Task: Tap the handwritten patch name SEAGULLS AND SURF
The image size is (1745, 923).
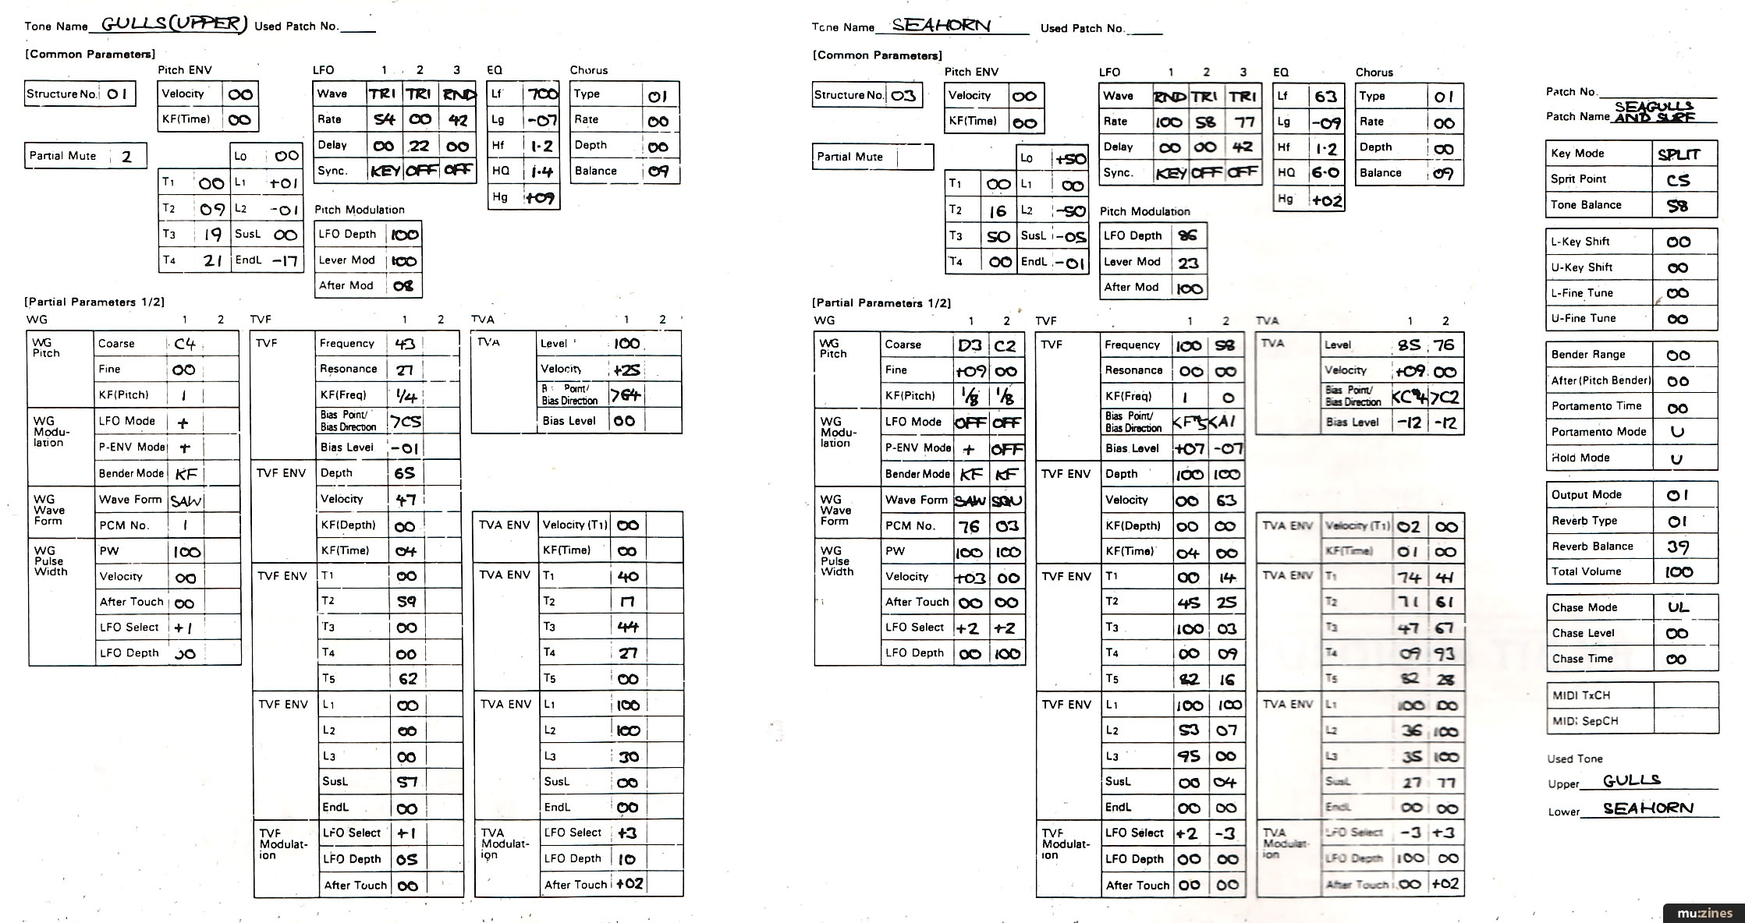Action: (x=1654, y=111)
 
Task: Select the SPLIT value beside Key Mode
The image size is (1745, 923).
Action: (x=1678, y=154)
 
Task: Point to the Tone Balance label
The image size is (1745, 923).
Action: (x=1586, y=205)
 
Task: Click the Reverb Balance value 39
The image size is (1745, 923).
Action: (x=1677, y=546)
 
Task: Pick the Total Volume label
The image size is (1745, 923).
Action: (x=1586, y=571)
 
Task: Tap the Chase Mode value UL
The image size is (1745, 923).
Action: (x=1678, y=607)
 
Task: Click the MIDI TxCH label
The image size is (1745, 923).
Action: (x=1580, y=695)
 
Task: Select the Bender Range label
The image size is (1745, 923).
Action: (x=1588, y=355)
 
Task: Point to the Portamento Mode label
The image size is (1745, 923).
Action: (x=1598, y=432)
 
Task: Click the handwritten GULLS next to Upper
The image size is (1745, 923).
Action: (x=1632, y=780)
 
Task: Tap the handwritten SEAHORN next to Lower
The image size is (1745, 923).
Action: (x=1648, y=808)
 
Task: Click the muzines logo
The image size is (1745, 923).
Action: (x=1704, y=913)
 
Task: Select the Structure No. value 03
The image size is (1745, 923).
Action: (x=903, y=96)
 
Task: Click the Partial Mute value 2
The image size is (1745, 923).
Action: (x=126, y=157)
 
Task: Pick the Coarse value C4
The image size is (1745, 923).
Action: (x=185, y=344)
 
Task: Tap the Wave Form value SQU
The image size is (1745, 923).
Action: (x=1006, y=501)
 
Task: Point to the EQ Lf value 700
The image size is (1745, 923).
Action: (x=542, y=94)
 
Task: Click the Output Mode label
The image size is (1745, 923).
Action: (x=1586, y=495)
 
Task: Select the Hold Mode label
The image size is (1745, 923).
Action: (x=1580, y=458)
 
